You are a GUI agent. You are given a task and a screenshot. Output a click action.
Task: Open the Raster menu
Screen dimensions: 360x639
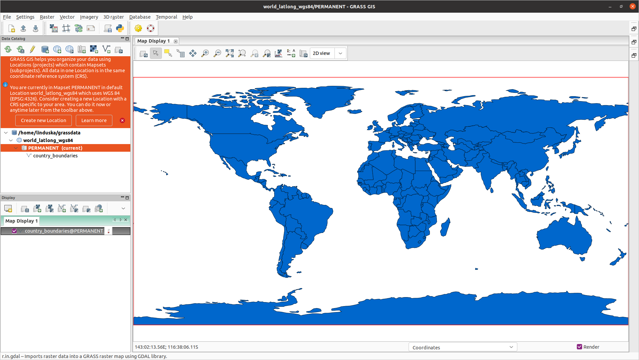point(47,17)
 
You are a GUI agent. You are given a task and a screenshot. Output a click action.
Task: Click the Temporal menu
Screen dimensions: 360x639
point(166,17)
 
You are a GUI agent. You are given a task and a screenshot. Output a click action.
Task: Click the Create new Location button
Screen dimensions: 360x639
point(44,120)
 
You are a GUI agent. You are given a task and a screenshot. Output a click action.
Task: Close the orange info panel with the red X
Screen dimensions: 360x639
point(122,120)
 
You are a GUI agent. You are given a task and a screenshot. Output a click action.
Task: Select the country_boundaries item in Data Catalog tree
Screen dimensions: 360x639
point(55,156)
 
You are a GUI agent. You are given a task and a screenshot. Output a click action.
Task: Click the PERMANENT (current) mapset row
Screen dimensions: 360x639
point(55,148)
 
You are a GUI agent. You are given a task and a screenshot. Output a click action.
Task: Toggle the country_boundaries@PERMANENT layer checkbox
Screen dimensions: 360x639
point(14,231)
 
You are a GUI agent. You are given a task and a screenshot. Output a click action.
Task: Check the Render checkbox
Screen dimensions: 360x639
point(579,347)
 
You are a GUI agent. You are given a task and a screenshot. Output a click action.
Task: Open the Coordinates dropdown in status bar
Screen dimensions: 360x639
point(462,347)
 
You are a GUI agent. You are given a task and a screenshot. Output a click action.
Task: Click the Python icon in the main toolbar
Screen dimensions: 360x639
point(120,29)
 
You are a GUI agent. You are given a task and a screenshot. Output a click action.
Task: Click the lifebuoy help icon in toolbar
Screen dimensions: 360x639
point(151,29)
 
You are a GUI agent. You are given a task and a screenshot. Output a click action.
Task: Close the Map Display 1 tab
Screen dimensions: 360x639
point(176,41)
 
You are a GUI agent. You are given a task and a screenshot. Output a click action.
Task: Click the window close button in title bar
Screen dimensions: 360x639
point(632,6)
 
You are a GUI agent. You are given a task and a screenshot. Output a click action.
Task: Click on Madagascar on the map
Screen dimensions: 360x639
point(445,228)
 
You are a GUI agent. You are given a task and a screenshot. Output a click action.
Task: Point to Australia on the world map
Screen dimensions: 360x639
point(564,236)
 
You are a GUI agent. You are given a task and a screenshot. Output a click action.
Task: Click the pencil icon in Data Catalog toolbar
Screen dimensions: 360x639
point(32,50)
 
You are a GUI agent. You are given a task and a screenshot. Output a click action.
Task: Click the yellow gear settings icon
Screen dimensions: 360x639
point(138,29)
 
